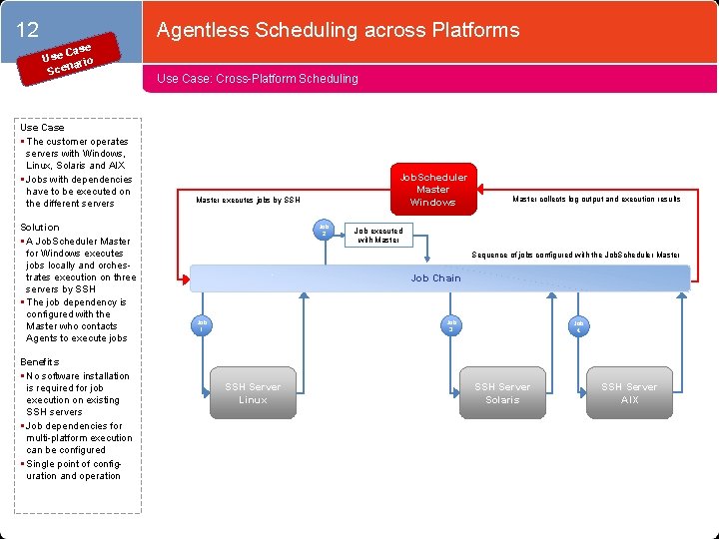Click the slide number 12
coord(28,31)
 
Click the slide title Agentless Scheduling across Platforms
coord(338,30)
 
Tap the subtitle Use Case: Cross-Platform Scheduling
coord(258,78)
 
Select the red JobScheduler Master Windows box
coord(432,190)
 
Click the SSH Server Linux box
coord(253,393)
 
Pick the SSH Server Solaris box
coord(502,393)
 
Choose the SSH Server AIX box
coord(629,393)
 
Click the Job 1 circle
coord(202,325)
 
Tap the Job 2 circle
coord(324,229)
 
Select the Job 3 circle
coord(451,325)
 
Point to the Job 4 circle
coord(579,325)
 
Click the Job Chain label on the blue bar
coord(436,278)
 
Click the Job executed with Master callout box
coord(379,236)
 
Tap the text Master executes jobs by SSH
coord(248,201)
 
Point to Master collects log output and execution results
coord(596,199)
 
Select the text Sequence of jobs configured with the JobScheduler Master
coord(576,255)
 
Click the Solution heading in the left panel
coord(40,228)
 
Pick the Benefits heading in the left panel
coord(40,361)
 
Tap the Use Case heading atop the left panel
coord(42,128)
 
